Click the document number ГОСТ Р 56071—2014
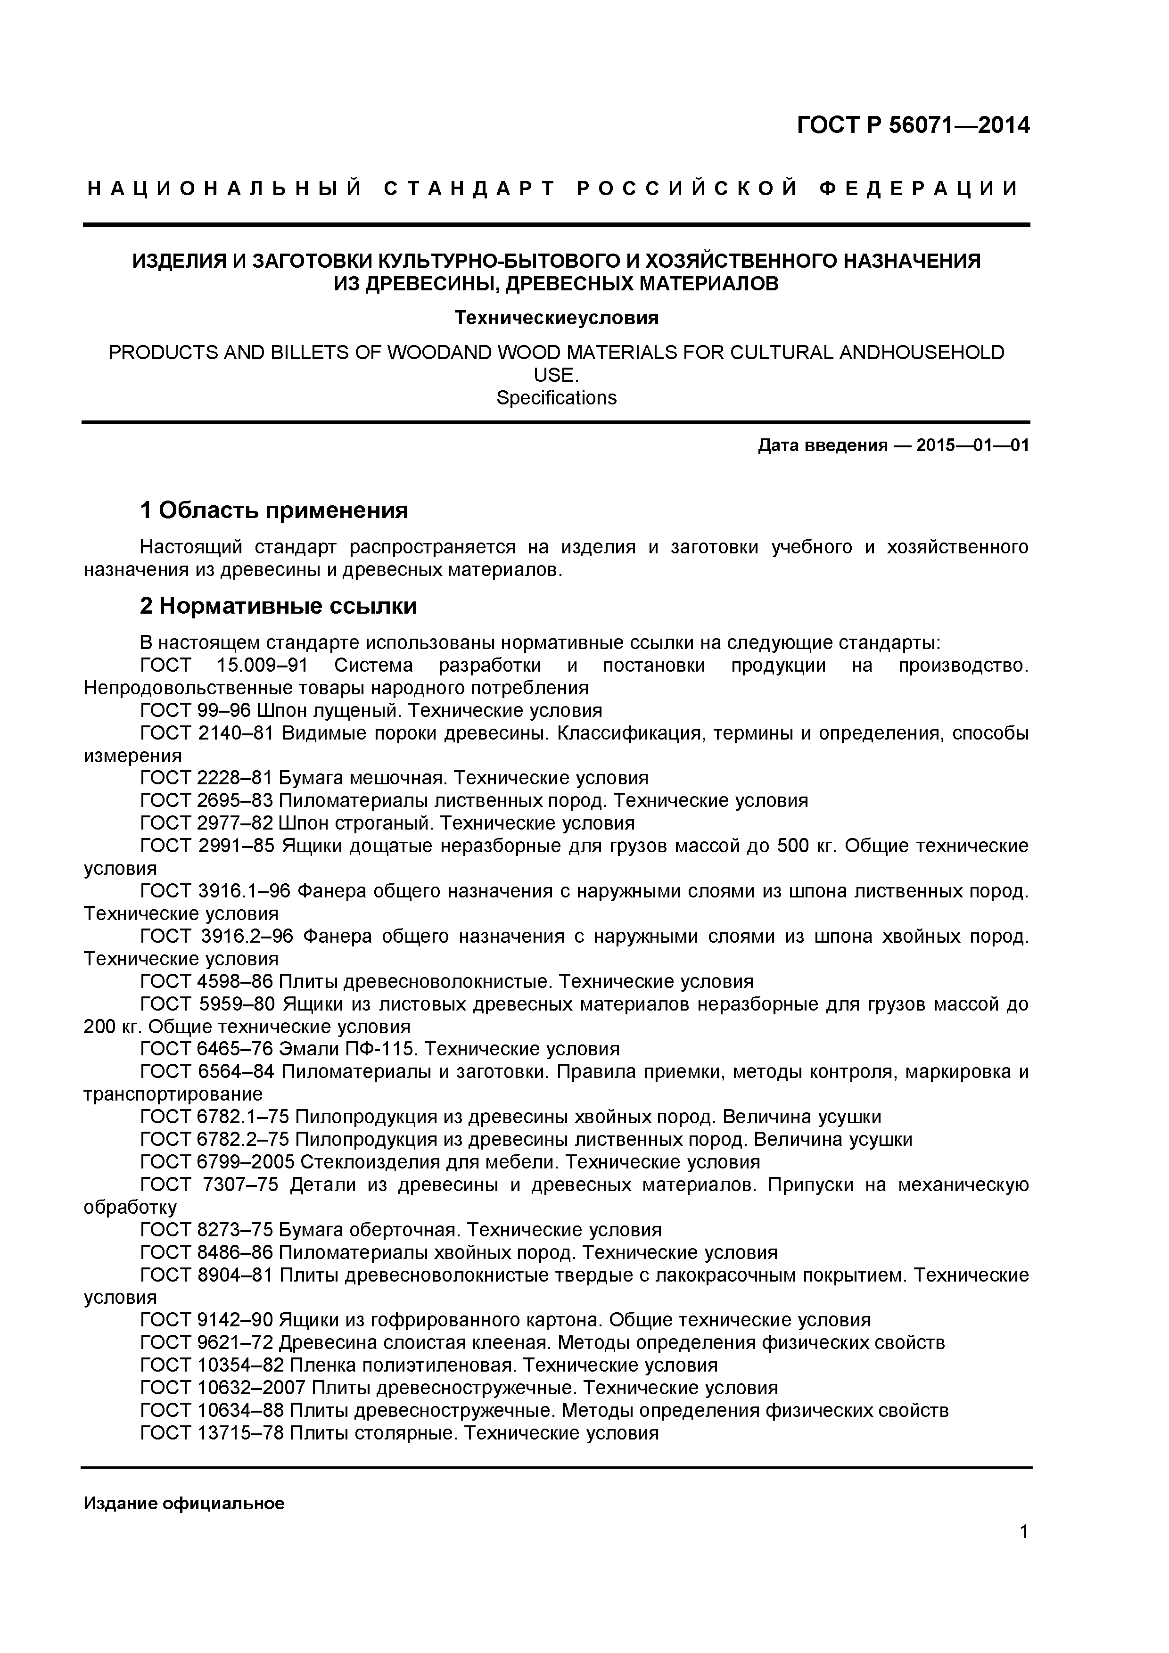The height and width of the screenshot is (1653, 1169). pyautogui.click(x=913, y=126)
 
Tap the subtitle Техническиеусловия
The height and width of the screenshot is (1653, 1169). pyautogui.click(x=556, y=318)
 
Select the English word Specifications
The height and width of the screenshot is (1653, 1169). pyautogui.click(x=556, y=398)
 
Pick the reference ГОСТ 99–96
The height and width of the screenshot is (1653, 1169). pyautogui.click(x=195, y=711)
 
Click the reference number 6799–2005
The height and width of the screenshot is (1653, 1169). pyautogui.click(x=245, y=1162)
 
